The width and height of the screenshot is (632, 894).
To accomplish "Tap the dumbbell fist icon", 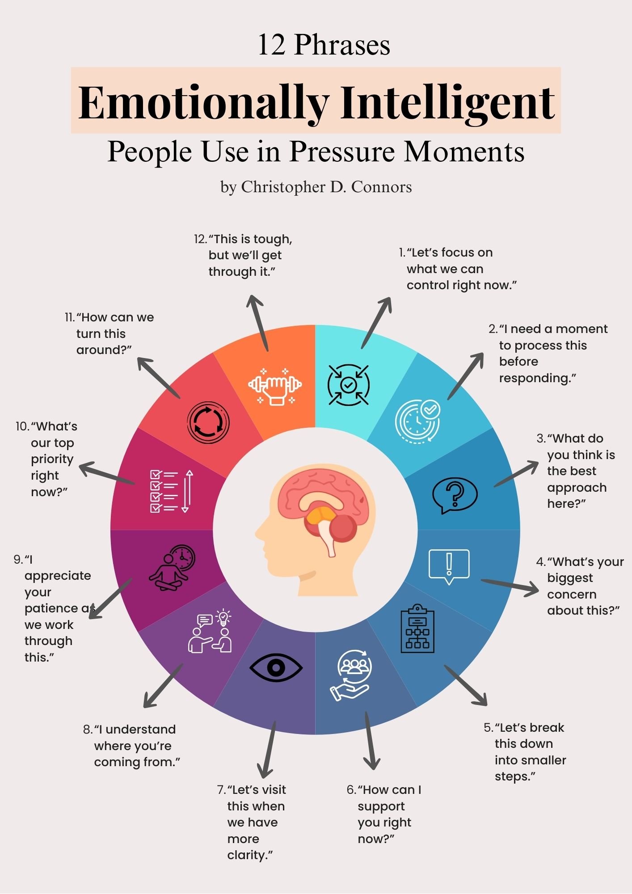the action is point(275,386).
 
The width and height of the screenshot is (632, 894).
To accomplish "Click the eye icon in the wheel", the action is point(276,668).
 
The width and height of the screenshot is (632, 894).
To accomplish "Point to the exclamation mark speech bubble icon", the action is point(449,566).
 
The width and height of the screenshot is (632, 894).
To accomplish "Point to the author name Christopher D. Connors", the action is point(326,187).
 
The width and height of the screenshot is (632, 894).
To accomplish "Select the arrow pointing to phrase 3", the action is point(516,474).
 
